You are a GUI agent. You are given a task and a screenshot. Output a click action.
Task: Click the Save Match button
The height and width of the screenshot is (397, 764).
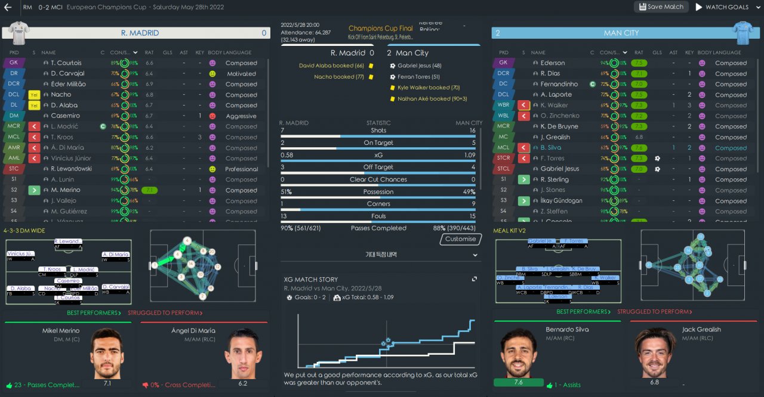coord(661,7)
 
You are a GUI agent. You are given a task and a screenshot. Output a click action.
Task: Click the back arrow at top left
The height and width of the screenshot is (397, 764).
coord(8,7)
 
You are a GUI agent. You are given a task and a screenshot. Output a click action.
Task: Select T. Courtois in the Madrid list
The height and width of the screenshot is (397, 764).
coord(66,63)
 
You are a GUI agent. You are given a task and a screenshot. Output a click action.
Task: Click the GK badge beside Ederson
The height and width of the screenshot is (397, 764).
coord(503,63)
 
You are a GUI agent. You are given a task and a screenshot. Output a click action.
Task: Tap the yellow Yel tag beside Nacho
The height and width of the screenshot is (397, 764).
coord(34,95)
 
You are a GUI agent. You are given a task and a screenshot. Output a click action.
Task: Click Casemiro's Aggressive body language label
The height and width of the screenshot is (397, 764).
coord(241,116)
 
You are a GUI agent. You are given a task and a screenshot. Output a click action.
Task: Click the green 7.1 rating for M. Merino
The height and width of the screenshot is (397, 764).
coord(149,190)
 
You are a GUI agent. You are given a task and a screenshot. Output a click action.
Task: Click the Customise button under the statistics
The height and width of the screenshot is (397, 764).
coord(460,239)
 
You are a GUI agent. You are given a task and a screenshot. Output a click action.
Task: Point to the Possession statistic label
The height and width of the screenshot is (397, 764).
coord(378,192)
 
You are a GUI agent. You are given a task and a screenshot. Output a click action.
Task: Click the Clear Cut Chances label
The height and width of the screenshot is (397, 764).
coord(378,179)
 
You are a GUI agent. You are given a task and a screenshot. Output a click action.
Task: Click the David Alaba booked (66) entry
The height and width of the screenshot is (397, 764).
coord(331,66)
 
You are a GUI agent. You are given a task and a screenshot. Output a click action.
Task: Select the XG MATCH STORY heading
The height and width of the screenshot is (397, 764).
coord(310,280)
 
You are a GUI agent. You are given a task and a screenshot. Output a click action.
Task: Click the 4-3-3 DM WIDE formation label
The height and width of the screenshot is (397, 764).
coord(24,231)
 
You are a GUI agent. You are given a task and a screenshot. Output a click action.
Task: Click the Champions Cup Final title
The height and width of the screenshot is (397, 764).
coord(380,28)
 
